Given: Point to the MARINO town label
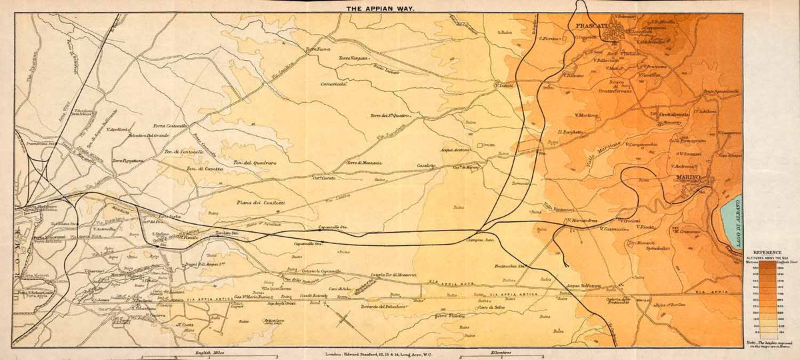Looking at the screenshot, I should (x=684, y=178).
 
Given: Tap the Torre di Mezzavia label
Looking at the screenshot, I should (x=364, y=163).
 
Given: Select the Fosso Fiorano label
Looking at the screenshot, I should (x=450, y=315).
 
